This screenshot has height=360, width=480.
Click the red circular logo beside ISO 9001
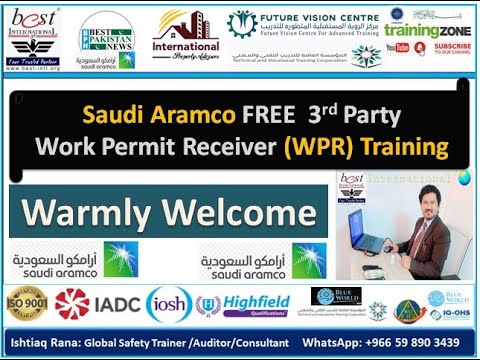[x=71, y=303]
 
